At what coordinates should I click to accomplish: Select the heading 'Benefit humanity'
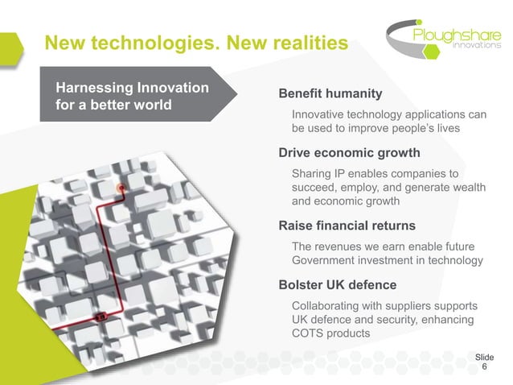tap(330, 93)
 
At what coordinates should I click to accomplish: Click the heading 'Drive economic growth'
tap(349, 152)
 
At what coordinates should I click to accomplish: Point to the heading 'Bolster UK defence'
tap(337, 285)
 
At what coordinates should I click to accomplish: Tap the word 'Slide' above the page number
tap(484, 356)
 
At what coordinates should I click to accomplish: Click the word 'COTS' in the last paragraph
tap(309, 334)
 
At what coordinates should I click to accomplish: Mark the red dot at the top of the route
tap(121, 188)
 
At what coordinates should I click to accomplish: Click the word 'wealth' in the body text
tap(466, 188)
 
